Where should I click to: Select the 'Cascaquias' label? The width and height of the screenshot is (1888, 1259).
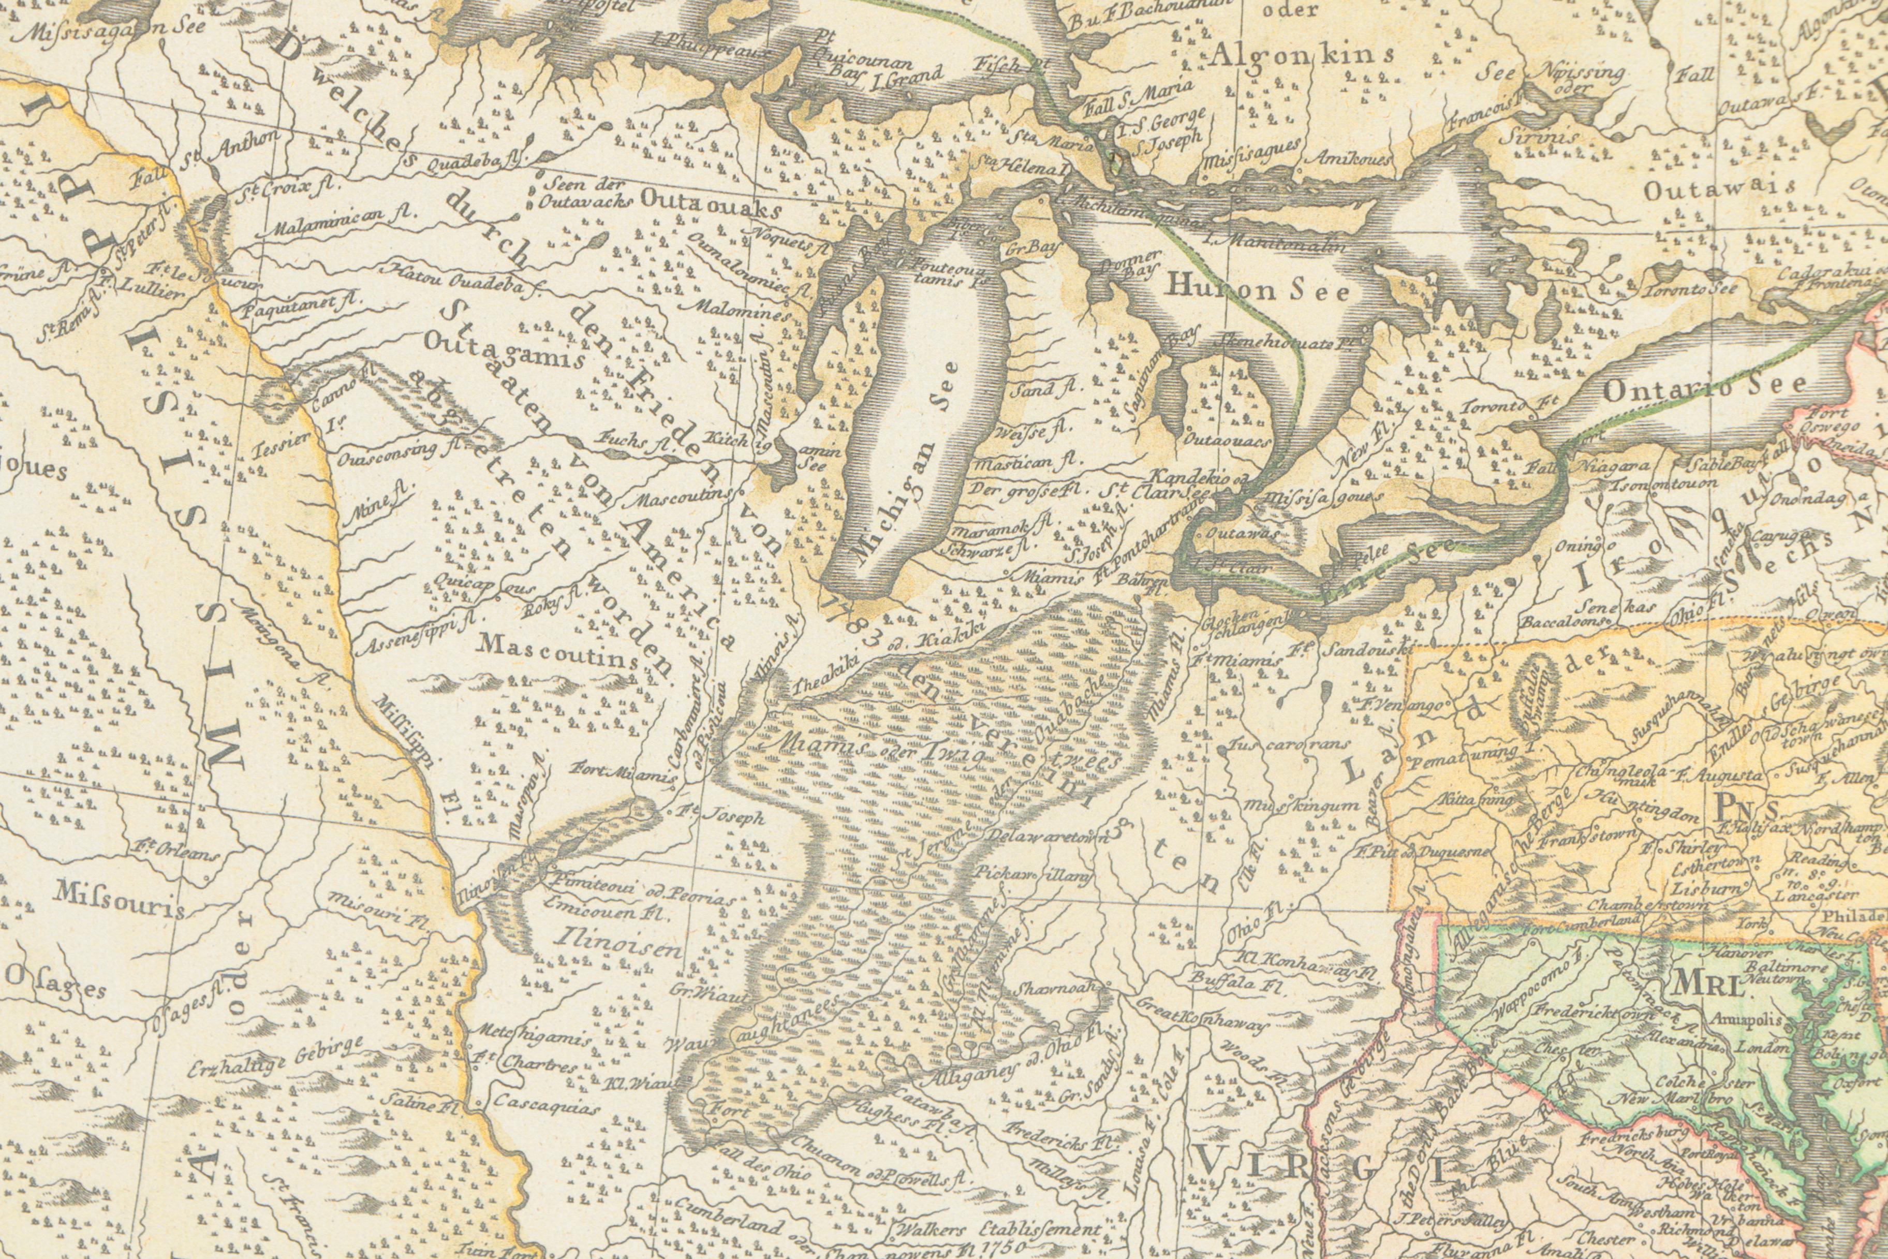[x=546, y=1106]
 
